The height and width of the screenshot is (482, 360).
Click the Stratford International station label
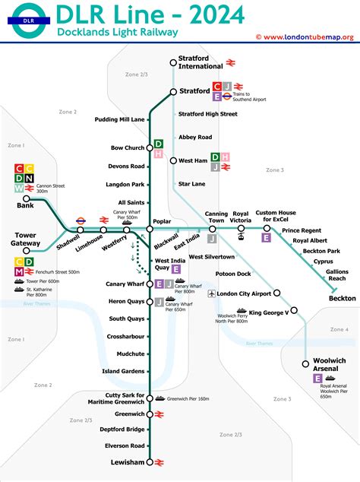[x=202, y=62]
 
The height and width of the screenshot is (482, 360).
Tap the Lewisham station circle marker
[x=150, y=461]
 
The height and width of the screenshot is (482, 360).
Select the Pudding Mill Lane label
[x=120, y=119]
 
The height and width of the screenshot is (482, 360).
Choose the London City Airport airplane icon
[x=210, y=293]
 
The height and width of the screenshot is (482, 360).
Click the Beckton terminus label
[x=342, y=299]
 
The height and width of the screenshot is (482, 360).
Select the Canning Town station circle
[x=213, y=229]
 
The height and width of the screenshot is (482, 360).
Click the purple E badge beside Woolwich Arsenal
[x=316, y=378]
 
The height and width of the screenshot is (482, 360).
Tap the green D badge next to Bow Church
[x=159, y=144]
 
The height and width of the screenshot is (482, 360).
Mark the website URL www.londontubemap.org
[x=308, y=37]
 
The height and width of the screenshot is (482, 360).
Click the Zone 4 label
[x=339, y=329]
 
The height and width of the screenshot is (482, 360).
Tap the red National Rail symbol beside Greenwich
[x=160, y=414]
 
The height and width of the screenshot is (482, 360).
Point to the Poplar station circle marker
[x=150, y=229]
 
